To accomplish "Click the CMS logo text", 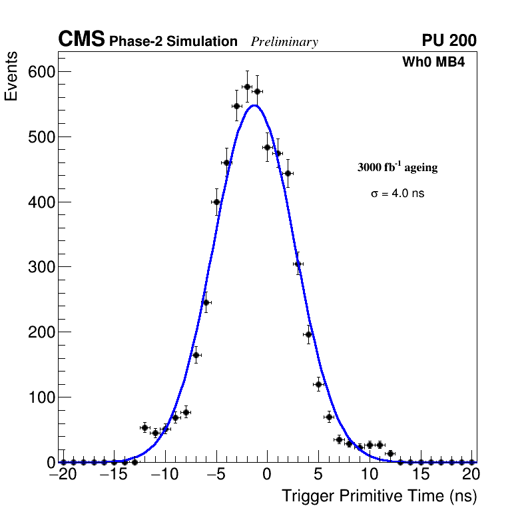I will (x=81, y=40).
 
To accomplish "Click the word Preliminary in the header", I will (x=284, y=43).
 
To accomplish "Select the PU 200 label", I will (x=449, y=41).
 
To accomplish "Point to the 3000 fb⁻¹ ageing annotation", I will (x=398, y=167).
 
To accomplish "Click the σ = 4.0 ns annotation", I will (x=398, y=194).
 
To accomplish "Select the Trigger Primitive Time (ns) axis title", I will (x=380, y=496).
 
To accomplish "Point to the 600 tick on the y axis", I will (x=41, y=72).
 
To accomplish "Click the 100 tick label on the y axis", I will (x=41, y=397).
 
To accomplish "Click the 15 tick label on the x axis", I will (x=421, y=475).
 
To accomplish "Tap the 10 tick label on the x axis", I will (x=370, y=475).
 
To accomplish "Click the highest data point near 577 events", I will (x=247, y=87).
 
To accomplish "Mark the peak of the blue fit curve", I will (x=254, y=105).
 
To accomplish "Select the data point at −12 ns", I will (x=144, y=427).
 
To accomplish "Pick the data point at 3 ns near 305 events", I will (x=298, y=264).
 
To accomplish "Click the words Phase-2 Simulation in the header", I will (x=173, y=42).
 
